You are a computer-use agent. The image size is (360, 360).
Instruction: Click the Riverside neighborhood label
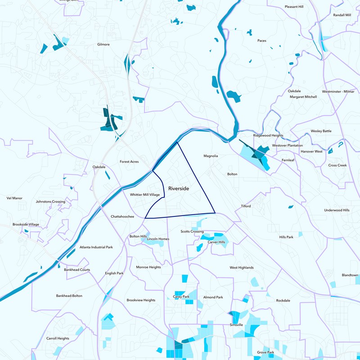[x=179, y=189]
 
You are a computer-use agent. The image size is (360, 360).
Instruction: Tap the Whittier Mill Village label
[x=144, y=195]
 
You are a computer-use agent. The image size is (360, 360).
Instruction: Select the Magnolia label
[x=211, y=156]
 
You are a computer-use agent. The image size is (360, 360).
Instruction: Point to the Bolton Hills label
[x=138, y=236]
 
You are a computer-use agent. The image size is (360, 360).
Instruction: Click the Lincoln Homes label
[x=158, y=239]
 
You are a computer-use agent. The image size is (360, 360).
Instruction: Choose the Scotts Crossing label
[x=192, y=232]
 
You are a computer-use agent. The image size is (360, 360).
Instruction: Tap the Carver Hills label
[x=216, y=242]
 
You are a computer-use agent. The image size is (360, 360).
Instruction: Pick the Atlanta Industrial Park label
[x=96, y=247]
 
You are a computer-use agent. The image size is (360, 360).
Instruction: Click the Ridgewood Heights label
[x=268, y=135]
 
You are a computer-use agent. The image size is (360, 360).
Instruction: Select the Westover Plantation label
[x=288, y=146]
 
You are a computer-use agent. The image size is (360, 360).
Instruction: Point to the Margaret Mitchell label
[x=303, y=97]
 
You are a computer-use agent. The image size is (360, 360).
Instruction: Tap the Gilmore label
[x=103, y=45]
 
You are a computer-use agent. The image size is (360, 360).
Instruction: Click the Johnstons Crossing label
[x=50, y=202]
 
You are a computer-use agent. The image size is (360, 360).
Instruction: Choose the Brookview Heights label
[x=141, y=300]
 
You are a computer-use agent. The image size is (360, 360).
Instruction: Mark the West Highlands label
[x=242, y=268]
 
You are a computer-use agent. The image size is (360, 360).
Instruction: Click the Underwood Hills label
[x=337, y=210]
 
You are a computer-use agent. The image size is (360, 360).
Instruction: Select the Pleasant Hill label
[x=294, y=7]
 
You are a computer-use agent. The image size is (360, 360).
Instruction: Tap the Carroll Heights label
[x=58, y=338]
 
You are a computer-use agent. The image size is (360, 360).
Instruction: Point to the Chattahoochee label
[x=122, y=216]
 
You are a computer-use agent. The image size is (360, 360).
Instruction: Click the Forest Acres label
[x=129, y=162]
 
